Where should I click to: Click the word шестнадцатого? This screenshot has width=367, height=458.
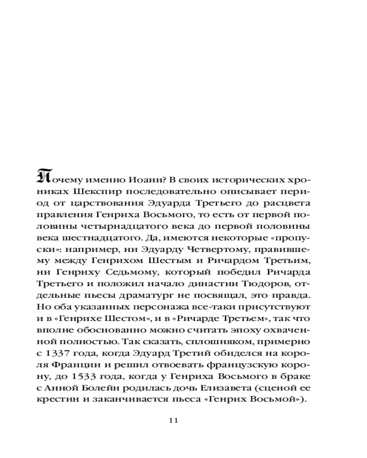pyautogui.click(x=103, y=239)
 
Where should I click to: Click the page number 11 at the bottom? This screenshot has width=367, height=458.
pyautogui.click(x=173, y=420)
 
